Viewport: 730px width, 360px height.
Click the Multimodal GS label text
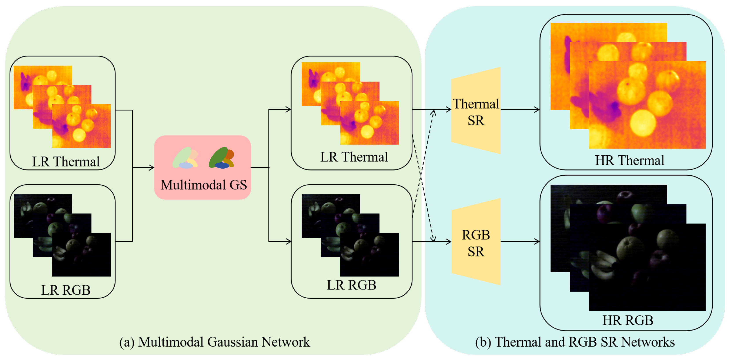pyautogui.click(x=203, y=185)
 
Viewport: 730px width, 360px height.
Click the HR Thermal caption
pyautogui.click(x=629, y=160)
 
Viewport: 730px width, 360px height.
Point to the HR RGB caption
pyautogui.click(x=628, y=320)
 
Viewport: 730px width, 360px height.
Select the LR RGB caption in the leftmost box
pyautogui.click(x=66, y=290)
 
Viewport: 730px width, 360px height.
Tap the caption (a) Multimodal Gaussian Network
pyautogui.click(x=214, y=342)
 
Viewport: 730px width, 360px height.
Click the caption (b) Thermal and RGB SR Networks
pyautogui.click(x=575, y=342)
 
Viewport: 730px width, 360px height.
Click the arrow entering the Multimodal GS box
pyautogui.click(x=145, y=167)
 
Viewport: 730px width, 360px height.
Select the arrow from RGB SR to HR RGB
pyautogui.click(x=520, y=242)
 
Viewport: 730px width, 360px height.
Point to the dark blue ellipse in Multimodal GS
pyautogui.click(x=222, y=165)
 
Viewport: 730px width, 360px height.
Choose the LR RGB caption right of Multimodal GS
pyautogui.click(x=351, y=285)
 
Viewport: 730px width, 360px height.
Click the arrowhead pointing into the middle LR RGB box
pyautogui.click(x=289, y=242)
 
